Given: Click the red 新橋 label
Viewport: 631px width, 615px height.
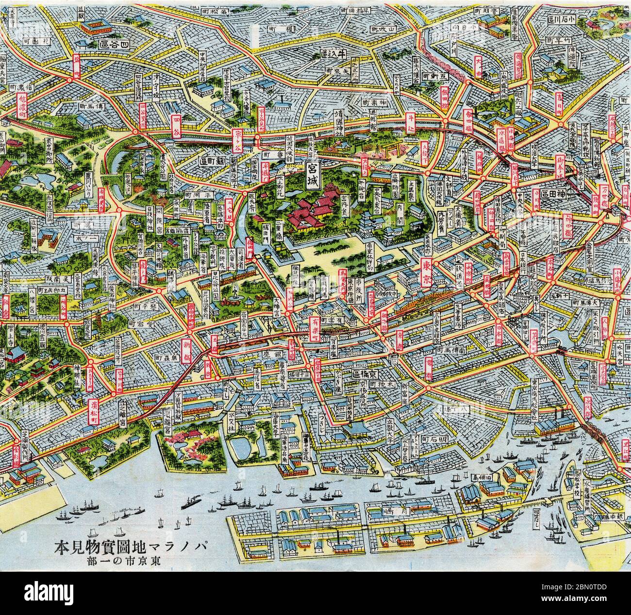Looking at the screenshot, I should pos(187,347).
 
